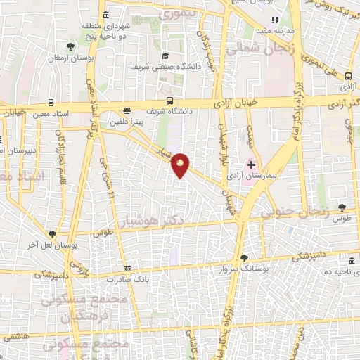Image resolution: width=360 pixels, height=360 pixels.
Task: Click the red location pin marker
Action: [x=181, y=166]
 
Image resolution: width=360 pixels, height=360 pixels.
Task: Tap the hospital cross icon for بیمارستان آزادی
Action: [x=251, y=164]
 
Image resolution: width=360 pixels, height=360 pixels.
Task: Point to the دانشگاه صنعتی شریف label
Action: [x=164, y=66]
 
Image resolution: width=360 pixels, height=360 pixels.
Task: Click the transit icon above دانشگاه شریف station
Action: [x=169, y=101]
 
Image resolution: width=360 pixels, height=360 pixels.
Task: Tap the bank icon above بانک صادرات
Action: [x=127, y=268]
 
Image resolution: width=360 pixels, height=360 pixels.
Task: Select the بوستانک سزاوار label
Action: [x=243, y=269]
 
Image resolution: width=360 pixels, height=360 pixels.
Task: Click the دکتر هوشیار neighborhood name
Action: [x=162, y=220]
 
